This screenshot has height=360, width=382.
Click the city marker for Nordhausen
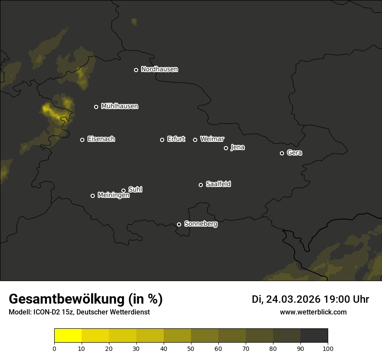coord(136,70)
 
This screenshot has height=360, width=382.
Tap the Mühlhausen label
coord(119,106)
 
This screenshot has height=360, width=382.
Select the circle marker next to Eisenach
coord(82,140)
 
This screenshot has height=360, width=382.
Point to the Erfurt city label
coord(176,139)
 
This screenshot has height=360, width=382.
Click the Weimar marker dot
coord(195,140)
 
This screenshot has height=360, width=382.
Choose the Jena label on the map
coord(237,147)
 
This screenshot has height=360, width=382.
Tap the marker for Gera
coord(282,153)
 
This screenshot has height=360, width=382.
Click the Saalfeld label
coord(218,184)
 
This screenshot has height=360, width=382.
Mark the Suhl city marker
coord(123,190)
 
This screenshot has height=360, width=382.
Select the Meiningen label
coord(113,196)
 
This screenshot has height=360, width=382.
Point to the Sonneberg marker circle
coord(179,224)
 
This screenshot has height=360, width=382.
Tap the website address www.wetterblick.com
coord(313,312)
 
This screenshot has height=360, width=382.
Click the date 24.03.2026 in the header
coord(293,299)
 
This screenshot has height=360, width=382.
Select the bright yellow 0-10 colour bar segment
coord(68,336)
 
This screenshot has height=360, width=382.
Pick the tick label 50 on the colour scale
coord(191,348)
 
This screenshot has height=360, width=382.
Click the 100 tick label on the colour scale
coord(328,348)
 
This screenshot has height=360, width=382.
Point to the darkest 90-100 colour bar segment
coord(314,336)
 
